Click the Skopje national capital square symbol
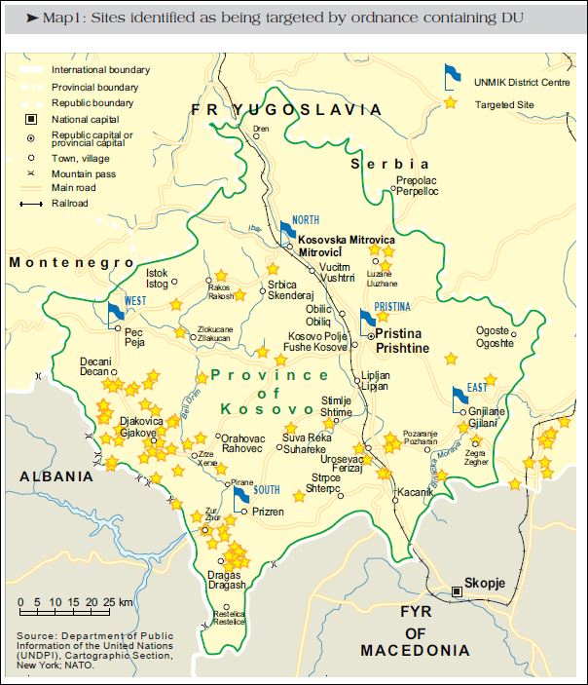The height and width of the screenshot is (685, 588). pos(456,590)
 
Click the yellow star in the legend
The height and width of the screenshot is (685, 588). pos(450,102)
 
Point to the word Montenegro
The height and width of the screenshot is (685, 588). pos(71,263)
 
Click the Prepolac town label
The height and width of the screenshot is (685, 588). pos(417,181)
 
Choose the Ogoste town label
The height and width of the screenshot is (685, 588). pos(493,331)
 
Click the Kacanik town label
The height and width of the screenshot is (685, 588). pos(416,492)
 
